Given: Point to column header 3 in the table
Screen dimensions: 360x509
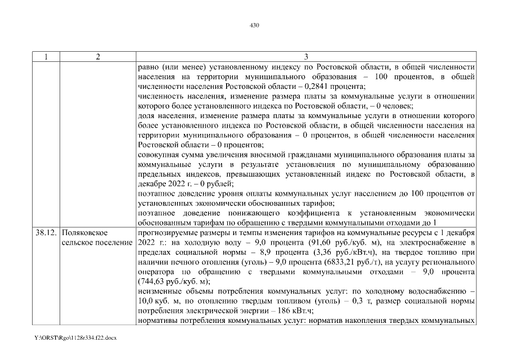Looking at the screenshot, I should (305, 57).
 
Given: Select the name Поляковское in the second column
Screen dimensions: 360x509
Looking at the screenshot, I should (84, 233).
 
